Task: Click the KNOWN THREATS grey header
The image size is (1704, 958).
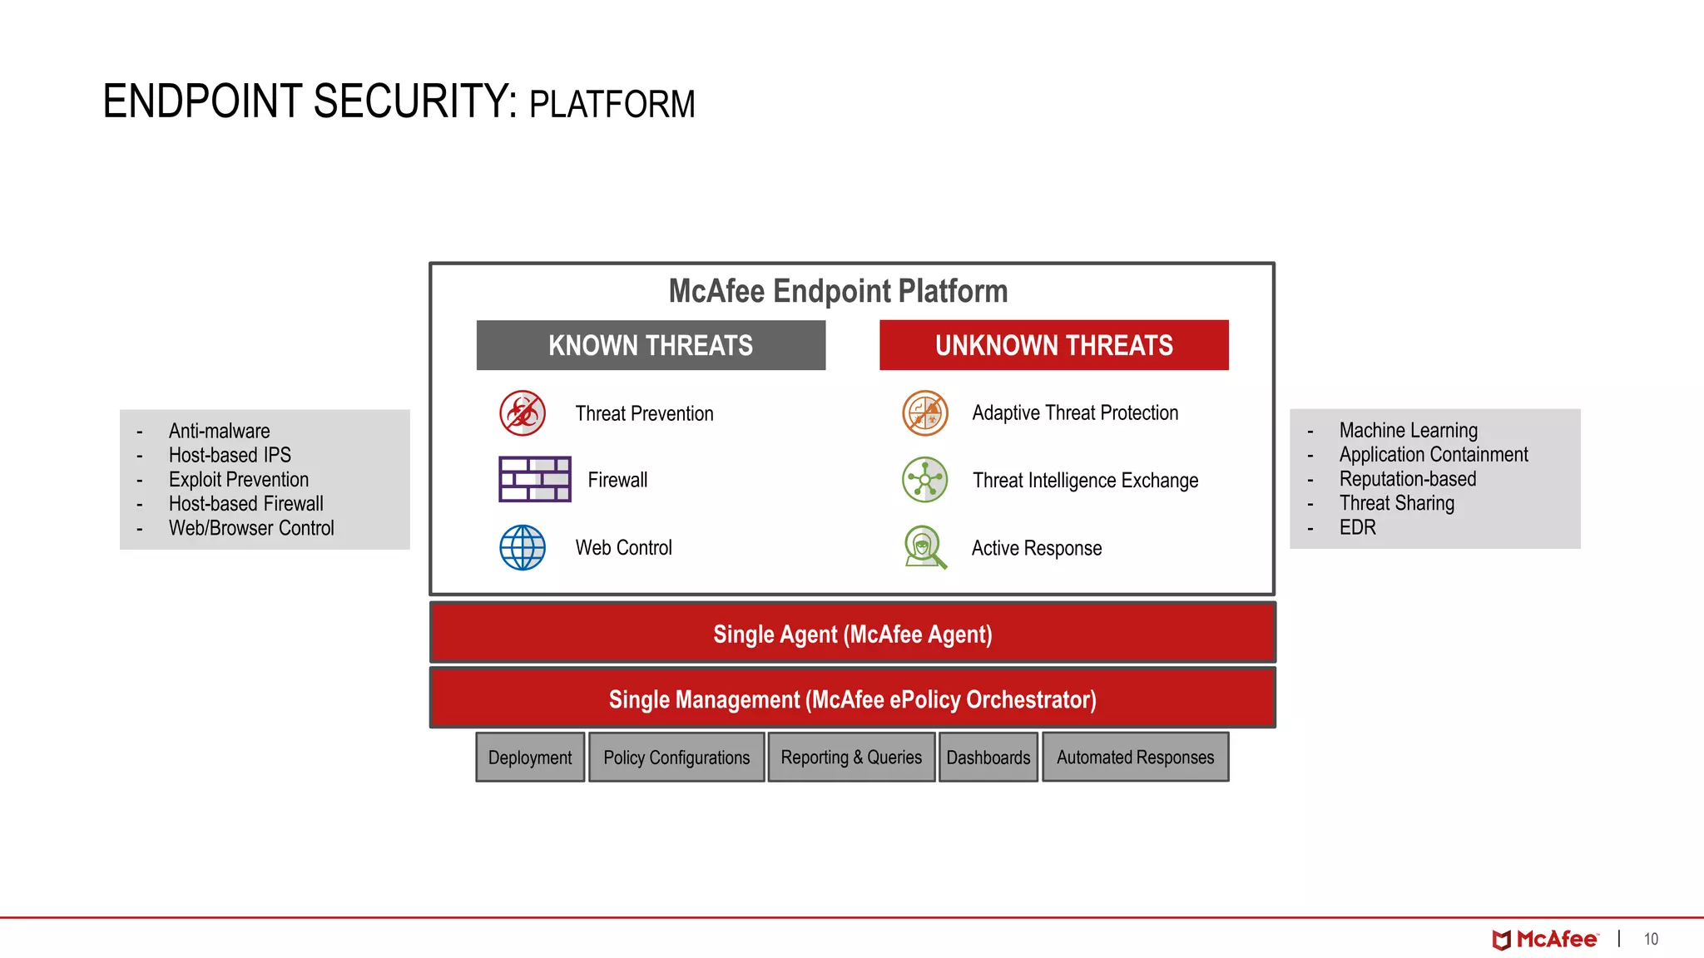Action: tap(651, 345)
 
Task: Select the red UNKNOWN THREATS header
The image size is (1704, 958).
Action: tap(1053, 345)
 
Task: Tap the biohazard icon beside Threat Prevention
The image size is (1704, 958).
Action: tap(523, 413)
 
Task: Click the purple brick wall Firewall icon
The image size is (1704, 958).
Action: tap(534, 479)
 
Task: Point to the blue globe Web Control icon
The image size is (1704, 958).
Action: tap(523, 547)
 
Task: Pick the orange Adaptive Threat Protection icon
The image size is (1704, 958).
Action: tap(925, 413)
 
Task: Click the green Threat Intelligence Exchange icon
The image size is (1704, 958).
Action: tap(925, 480)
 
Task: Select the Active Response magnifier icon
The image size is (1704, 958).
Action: tap(925, 547)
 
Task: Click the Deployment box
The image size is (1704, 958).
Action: tap(530, 757)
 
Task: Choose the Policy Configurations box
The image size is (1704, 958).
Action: tap(676, 757)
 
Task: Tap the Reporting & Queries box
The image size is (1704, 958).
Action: tap(851, 757)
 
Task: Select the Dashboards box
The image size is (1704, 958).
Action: tap(988, 757)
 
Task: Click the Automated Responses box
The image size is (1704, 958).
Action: tap(1135, 757)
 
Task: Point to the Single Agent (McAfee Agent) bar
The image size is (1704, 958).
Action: tap(852, 634)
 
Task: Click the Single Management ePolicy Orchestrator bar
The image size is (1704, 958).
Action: tap(852, 699)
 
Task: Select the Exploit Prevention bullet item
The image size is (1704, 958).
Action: tap(239, 480)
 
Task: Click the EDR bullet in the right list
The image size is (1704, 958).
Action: tap(1357, 527)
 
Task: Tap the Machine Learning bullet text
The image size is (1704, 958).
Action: tap(1408, 430)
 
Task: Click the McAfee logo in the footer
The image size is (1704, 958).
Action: tap(1545, 939)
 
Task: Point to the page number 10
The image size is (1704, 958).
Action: tap(1651, 939)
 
